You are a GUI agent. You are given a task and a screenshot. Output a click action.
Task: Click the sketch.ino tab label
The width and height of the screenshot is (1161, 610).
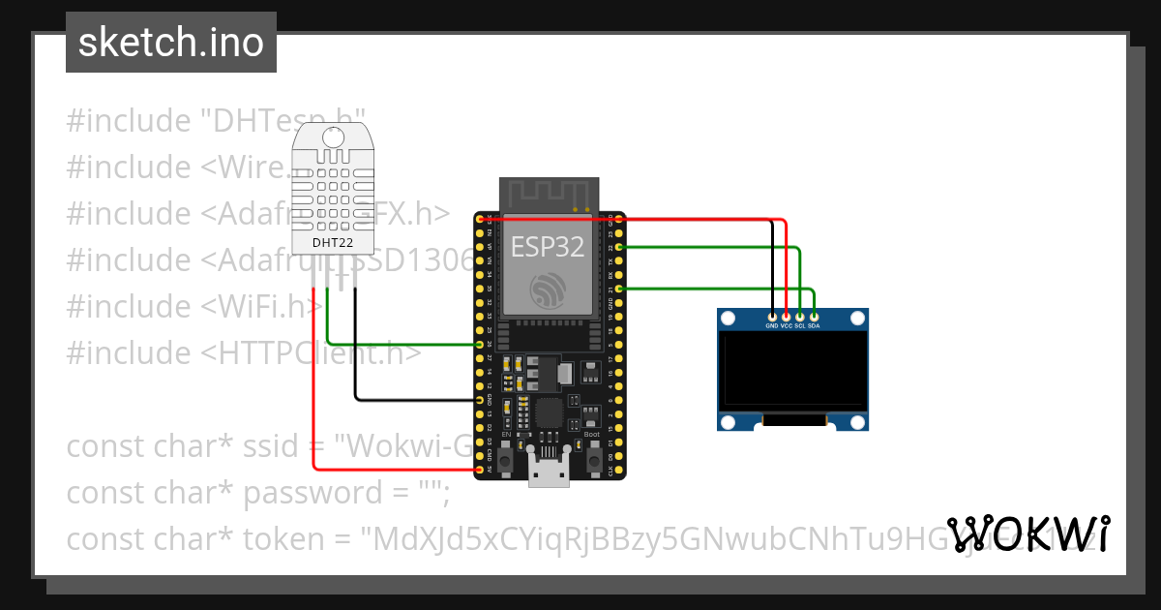click(170, 43)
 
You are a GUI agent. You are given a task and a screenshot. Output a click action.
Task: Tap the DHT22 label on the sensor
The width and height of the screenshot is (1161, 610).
click(332, 242)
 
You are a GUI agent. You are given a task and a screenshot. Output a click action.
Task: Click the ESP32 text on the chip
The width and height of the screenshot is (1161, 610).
click(548, 246)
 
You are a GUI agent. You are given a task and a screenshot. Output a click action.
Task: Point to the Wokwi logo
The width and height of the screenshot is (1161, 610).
click(1028, 534)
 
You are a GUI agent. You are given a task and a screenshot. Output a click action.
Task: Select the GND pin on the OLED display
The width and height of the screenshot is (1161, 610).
click(772, 317)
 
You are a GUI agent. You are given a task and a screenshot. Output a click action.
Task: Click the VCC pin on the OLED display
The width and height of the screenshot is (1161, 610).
click(787, 317)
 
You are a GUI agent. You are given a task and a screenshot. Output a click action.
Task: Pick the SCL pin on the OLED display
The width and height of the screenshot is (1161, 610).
click(800, 317)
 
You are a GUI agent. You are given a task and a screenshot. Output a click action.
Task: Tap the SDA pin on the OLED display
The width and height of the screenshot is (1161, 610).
click(815, 317)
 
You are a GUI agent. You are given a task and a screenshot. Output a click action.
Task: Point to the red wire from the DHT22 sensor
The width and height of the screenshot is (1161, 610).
click(313, 387)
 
